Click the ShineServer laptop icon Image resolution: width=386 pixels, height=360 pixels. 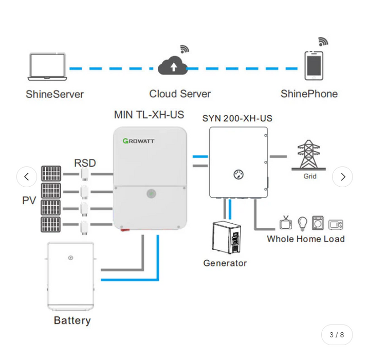click(x=47, y=67)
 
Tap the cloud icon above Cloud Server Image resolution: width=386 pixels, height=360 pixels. click(x=173, y=66)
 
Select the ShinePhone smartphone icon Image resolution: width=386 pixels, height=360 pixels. click(x=314, y=66)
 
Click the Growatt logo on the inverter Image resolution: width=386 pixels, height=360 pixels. click(x=138, y=141)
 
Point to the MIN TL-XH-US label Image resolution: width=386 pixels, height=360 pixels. click(x=149, y=115)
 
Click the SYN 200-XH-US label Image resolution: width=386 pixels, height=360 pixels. click(x=237, y=118)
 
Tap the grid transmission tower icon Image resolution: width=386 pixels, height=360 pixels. click(x=308, y=155)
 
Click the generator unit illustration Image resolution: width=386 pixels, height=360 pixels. click(x=227, y=237)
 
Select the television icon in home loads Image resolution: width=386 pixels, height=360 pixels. click(x=286, y=223)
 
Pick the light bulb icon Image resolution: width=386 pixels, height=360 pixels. click(x=302, y=223)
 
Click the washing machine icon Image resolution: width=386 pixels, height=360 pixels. click(x=318, y=223)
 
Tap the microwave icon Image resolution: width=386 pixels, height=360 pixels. click(x=336, y=224)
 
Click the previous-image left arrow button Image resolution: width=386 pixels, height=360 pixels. click(x=27, y=177)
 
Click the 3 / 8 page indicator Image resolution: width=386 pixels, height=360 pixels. click(x=337, y=335)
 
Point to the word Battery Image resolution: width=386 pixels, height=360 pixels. click(x=72, y=320)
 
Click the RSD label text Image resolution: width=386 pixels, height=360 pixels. click(x=85, y=163)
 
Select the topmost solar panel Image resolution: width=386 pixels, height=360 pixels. click(x=51, y=174)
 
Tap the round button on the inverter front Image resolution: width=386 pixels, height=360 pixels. click(x=151, y=193)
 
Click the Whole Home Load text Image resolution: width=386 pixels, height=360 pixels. click(x=305, y=239)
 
